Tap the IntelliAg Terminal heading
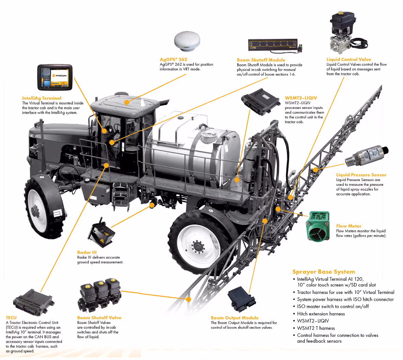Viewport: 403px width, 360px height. (42, 98)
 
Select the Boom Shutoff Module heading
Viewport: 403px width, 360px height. (261, 60)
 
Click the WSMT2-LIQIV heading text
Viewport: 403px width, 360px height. (301, 98)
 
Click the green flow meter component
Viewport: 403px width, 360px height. (318, 226)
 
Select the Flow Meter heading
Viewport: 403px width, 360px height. (349, 226)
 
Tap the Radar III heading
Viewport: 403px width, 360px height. (87, 252)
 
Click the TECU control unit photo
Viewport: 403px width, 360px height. (33, 302)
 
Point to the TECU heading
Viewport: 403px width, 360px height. (11, 318)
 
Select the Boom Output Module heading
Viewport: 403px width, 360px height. (235, 318)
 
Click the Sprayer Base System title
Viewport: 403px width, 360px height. (323, 272)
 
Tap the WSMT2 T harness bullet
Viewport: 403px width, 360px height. (316, 328)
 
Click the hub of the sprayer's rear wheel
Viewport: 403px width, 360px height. (196, 245)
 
